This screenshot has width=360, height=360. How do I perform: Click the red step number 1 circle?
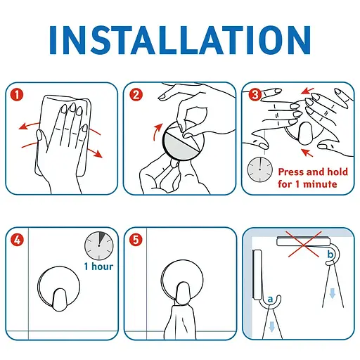(17, 95)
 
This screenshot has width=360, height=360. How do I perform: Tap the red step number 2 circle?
(136, 95)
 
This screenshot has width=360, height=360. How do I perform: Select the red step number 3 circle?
(255, 95)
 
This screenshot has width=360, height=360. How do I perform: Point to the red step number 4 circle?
(17, 240)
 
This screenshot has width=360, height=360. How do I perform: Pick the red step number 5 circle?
(136, 240)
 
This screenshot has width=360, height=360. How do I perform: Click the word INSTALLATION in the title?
(180, 40)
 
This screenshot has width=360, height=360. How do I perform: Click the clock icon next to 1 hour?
(99, 245)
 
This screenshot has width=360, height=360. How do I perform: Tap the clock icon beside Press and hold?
(260, 169)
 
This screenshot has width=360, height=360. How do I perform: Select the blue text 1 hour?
(98, 266)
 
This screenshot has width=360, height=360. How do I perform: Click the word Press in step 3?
(291, 172)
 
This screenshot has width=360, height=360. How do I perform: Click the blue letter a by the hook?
(270, 300)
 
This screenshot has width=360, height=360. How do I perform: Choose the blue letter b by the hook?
(330, 254)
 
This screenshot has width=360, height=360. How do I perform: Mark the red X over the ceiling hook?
(304, 244)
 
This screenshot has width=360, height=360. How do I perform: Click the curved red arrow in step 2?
(157, 131)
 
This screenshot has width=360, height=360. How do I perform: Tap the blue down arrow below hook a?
(271, 327)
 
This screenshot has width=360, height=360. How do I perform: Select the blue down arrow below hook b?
(332, 293)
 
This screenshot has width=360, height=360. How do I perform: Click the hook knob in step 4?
(60, 300)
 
